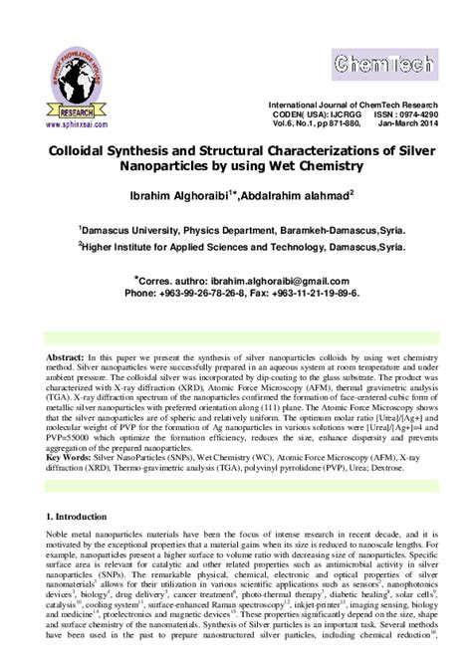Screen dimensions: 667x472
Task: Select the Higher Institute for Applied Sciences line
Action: click(x=235, y=246)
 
